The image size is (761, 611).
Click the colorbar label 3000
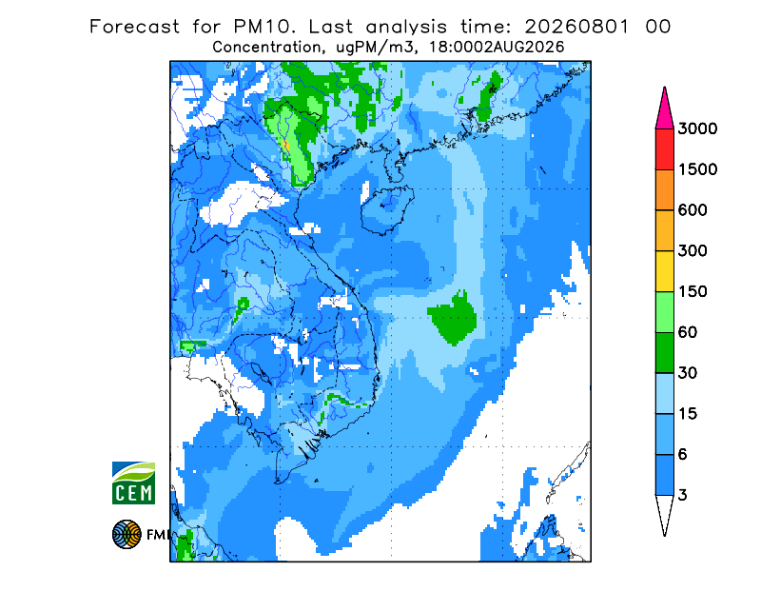click(x=697, y=128)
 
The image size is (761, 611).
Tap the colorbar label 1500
click(x=697, y=169)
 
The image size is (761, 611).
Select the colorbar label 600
click(x=693, y=210)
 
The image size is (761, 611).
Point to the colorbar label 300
click(x=693, y=251)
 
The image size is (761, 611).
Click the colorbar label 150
click(x=693, y=292)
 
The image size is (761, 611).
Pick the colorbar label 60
click(x=688, y=333)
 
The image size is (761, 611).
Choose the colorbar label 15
click(x=688, y=414)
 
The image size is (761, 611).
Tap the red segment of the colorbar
click(x=664, y=149)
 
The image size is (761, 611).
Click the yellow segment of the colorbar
click(x=664, y=271)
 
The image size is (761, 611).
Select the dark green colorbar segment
click(x=664, y=353)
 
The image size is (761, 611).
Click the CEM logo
click(x=133, y=483)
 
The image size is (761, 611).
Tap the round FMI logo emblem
click(x=127, y=534)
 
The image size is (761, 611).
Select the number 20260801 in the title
click(x=577, y=27)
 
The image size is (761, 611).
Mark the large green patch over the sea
click(x=453, y=318)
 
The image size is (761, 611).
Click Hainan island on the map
click(x=387, y=209)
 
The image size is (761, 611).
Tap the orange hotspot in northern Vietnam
click(x=286, y=145)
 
